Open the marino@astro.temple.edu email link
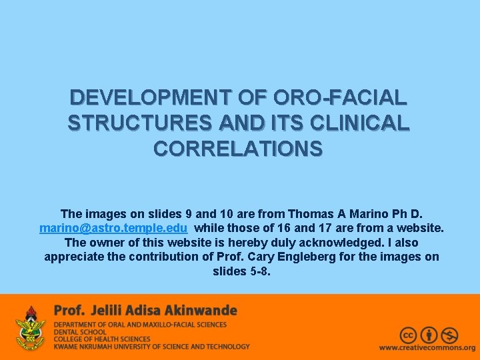113,229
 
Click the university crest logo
30,328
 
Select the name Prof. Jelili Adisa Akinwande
145,311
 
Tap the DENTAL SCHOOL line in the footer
81,331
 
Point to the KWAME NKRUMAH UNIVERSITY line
151,347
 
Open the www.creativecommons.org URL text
427,348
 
